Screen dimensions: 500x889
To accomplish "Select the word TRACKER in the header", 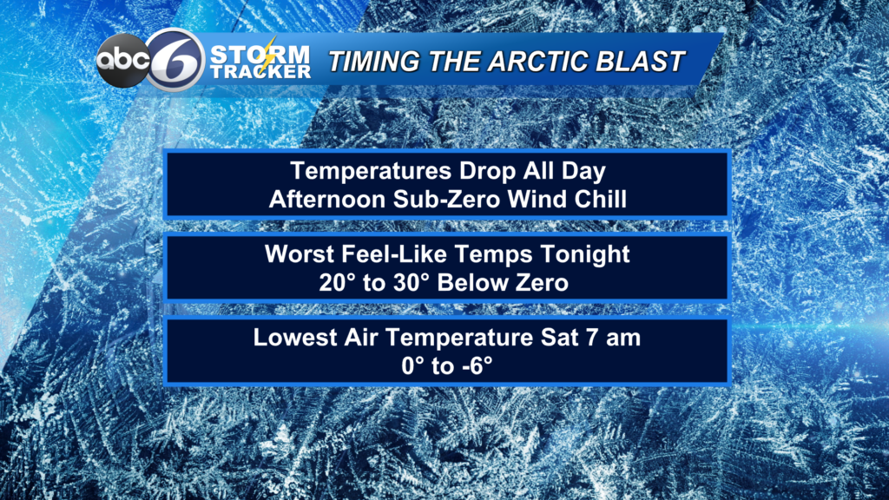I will click(260, 72).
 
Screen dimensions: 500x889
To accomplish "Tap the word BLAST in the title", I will click(646, 62).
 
